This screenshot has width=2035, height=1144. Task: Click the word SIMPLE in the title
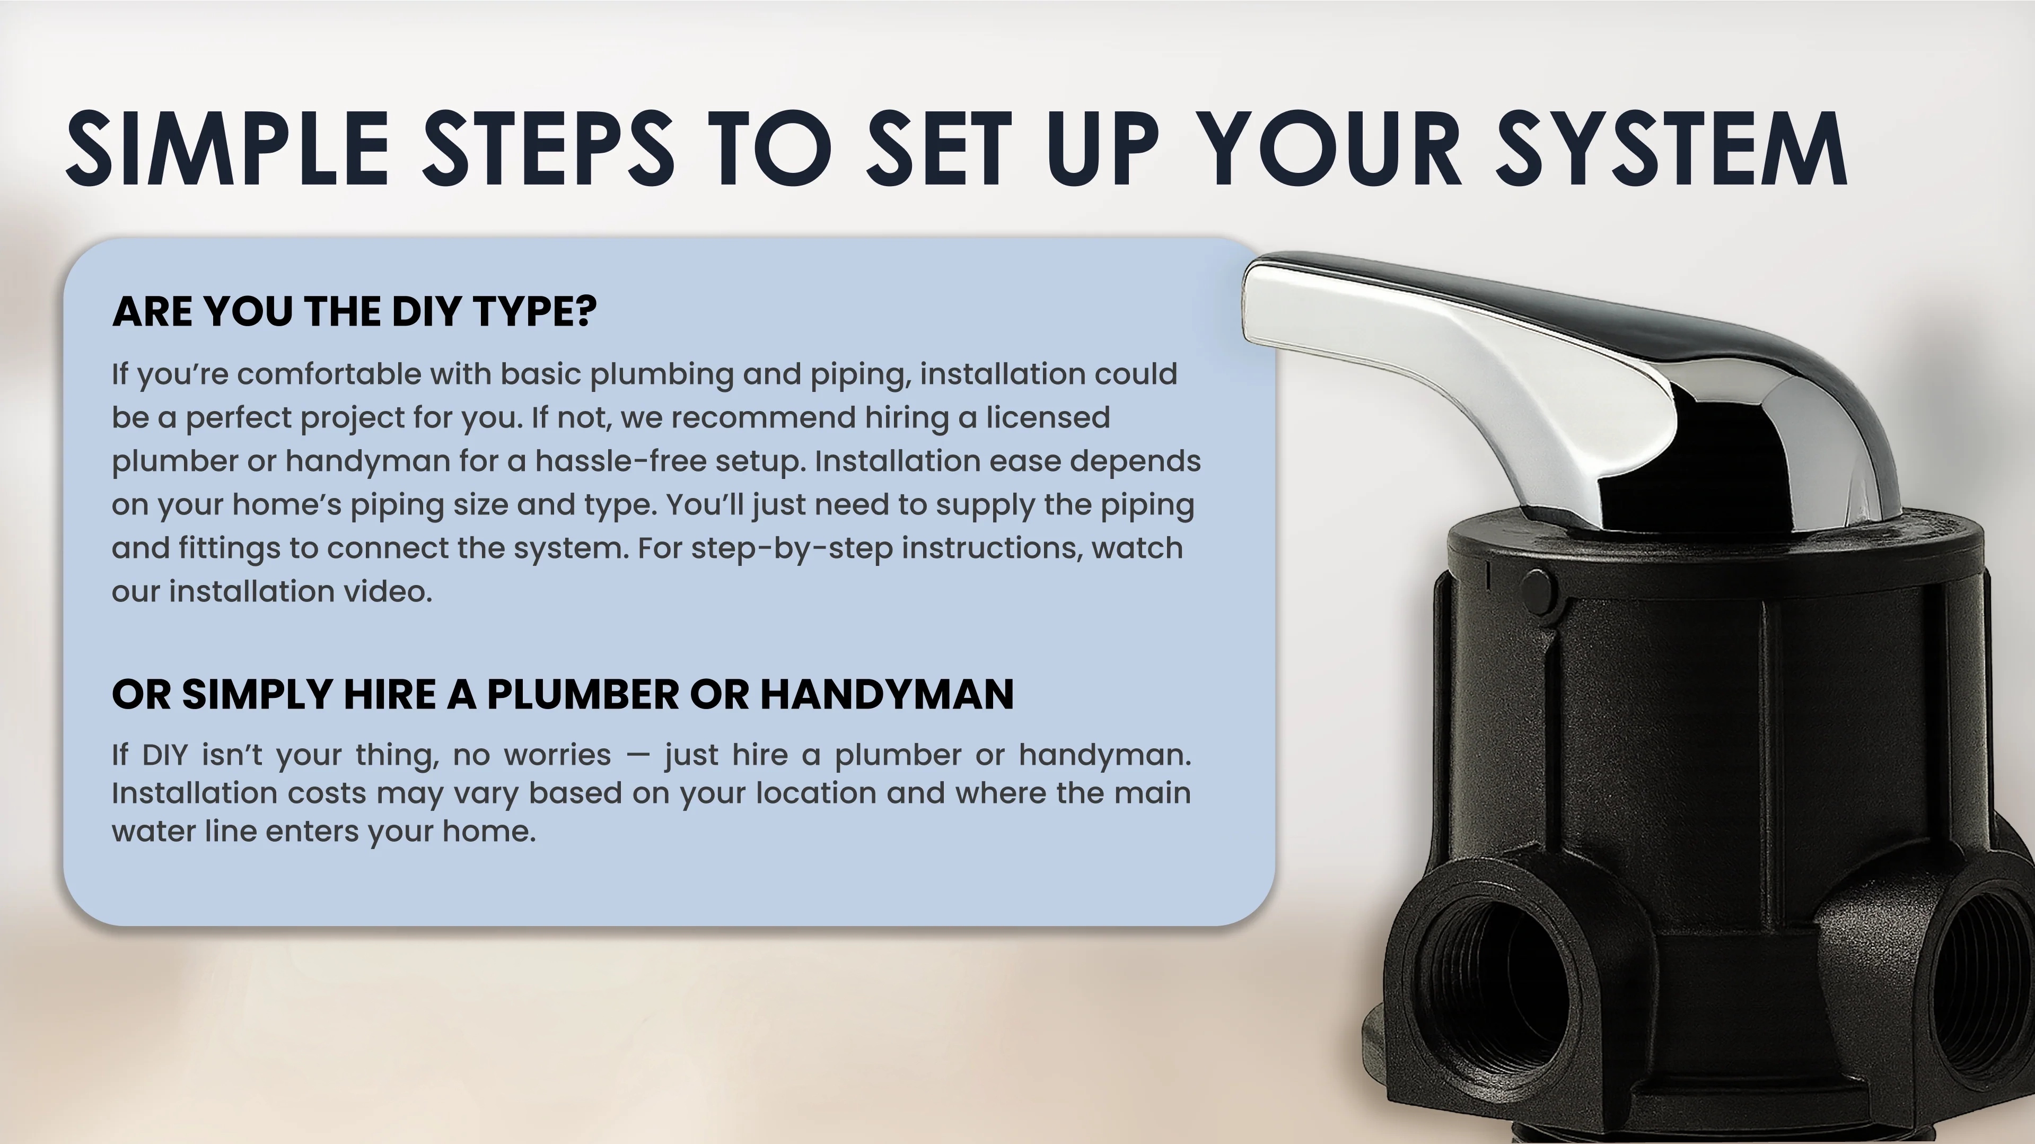point(227,148)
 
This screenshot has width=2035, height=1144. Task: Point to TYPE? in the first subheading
point(535,311)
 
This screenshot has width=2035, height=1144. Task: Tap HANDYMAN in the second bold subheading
point(887,694)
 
